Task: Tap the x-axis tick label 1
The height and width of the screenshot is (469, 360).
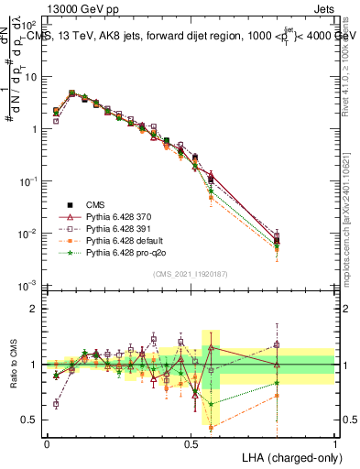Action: pos(334,442)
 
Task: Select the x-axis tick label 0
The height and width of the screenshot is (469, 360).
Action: pos(47,442)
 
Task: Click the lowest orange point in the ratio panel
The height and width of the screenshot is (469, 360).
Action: pos(212,428)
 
